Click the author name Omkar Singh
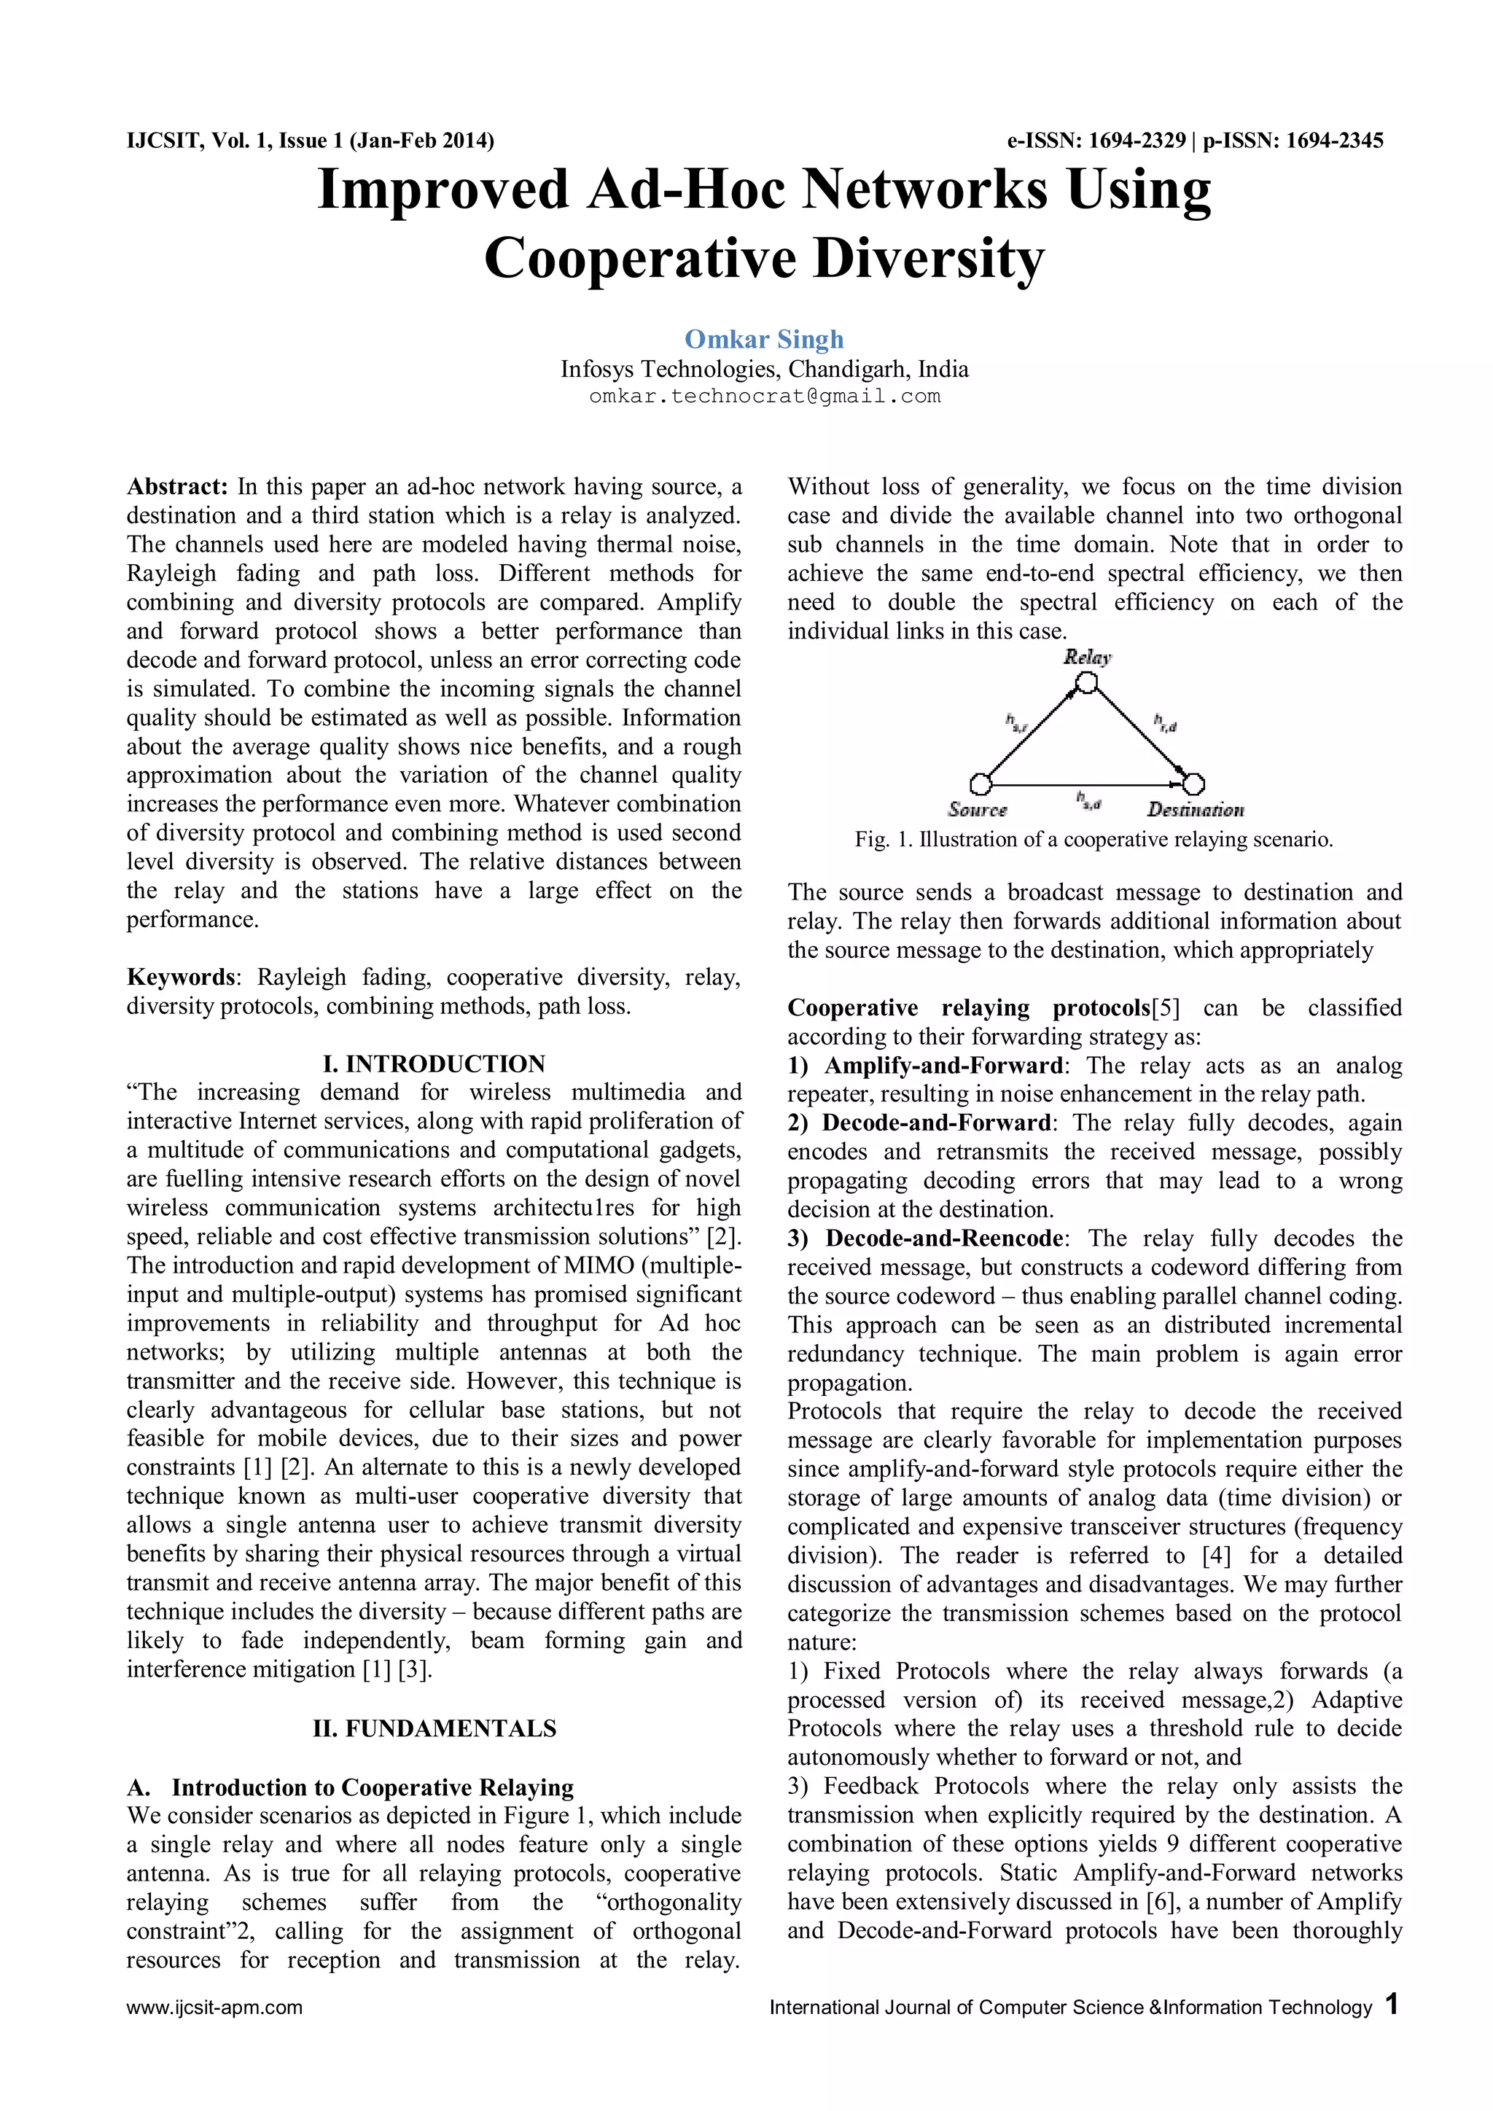(764, 339)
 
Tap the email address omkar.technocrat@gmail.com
(764, 397)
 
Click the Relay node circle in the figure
(1087, 683)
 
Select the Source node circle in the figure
(981, 784)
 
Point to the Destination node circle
(1193, 784)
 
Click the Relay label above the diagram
(1088, 657)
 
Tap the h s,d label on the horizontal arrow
(1088, 801)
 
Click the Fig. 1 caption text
(1093, 840)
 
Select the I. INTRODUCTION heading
(434, 1064)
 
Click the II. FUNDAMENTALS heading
(434, 1728)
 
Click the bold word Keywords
(181, 977)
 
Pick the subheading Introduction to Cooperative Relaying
(373, 1787)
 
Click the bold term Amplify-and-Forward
(943, 1066)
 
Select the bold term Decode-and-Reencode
(943, 1238)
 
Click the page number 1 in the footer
(1392, 2005)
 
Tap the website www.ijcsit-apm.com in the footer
(214, 2007)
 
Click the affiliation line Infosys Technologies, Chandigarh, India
(764, 370)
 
